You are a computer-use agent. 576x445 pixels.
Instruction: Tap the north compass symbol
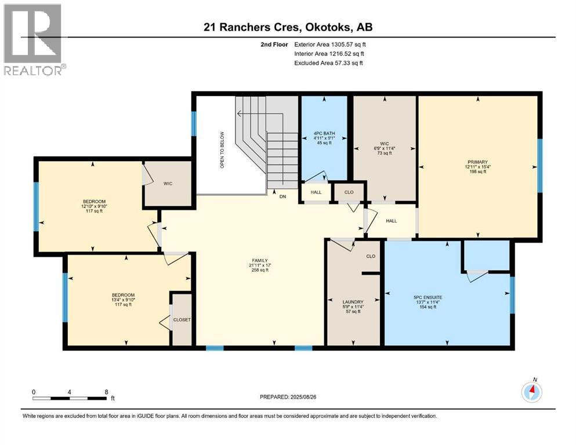[531, 392]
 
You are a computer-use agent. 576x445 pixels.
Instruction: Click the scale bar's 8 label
[107, 392]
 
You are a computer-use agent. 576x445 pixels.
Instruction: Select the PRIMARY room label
[477, 162]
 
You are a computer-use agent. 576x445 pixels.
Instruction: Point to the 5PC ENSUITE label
[428, 297]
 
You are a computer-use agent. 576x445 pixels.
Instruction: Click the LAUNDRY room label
[353, 302]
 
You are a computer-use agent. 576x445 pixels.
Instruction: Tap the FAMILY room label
[260, 261]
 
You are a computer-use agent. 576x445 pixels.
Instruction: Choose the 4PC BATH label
[324, 133]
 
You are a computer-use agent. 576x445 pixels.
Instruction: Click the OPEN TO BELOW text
[222, 150]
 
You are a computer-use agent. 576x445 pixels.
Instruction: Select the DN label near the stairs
[282, 196]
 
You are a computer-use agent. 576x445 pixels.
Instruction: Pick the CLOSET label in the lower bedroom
[182, 319]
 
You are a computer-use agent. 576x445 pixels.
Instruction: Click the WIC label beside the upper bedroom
[168, 184]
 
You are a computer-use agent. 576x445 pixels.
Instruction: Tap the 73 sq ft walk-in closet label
[385, 153]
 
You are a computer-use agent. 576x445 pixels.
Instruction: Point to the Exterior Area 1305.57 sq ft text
[330, 45]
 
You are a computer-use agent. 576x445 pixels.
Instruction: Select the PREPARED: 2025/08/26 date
[288, 397]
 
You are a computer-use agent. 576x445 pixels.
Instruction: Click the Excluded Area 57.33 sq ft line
[328, 63]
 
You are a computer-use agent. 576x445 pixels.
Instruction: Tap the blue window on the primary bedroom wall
[539, 166]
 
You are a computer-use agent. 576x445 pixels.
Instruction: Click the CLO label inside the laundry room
[371, 256]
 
